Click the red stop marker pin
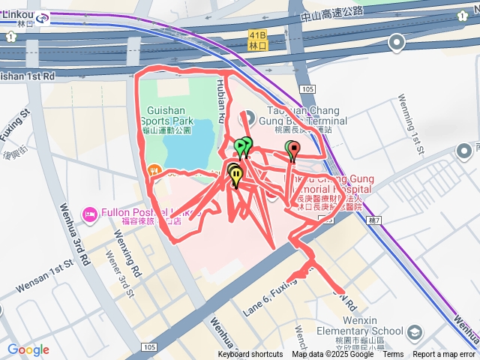point(294,151)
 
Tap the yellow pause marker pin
point(237,175)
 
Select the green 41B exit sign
point(257,40)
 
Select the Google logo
point(28,349)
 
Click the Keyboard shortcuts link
point(250,355)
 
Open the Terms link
point(393,355)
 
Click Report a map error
point(444,355)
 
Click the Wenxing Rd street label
point(128,254)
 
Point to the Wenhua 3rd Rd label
point(76,233)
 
